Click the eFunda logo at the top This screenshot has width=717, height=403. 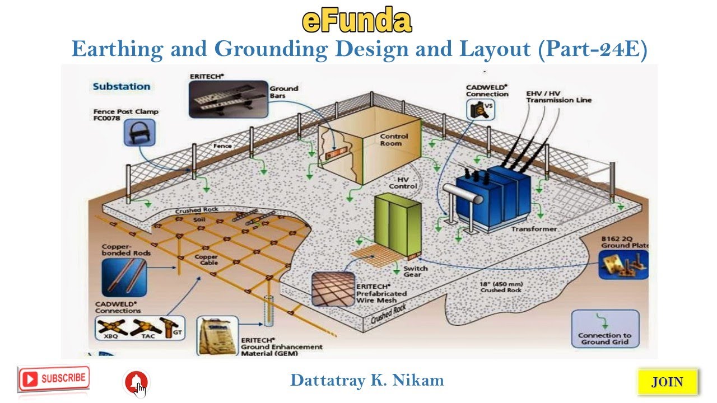tap(357, 21)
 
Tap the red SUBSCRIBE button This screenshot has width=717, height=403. tap(54, 378)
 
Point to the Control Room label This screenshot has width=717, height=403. tap(394, 139)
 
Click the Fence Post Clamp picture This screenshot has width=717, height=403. tap(139, 133)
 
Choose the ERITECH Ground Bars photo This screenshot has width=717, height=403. tap(228, 99)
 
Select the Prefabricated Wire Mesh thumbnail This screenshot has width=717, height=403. tap(333, 289)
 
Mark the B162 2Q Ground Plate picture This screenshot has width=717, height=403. tap(622, 264)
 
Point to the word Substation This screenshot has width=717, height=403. tap(122, 87)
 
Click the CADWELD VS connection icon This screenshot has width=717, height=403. tap(481, 109)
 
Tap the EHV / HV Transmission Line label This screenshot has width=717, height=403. tap(558, 97)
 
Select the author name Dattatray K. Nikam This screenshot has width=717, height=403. tap(367, 381)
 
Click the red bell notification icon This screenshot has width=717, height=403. tap(136, 382)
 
